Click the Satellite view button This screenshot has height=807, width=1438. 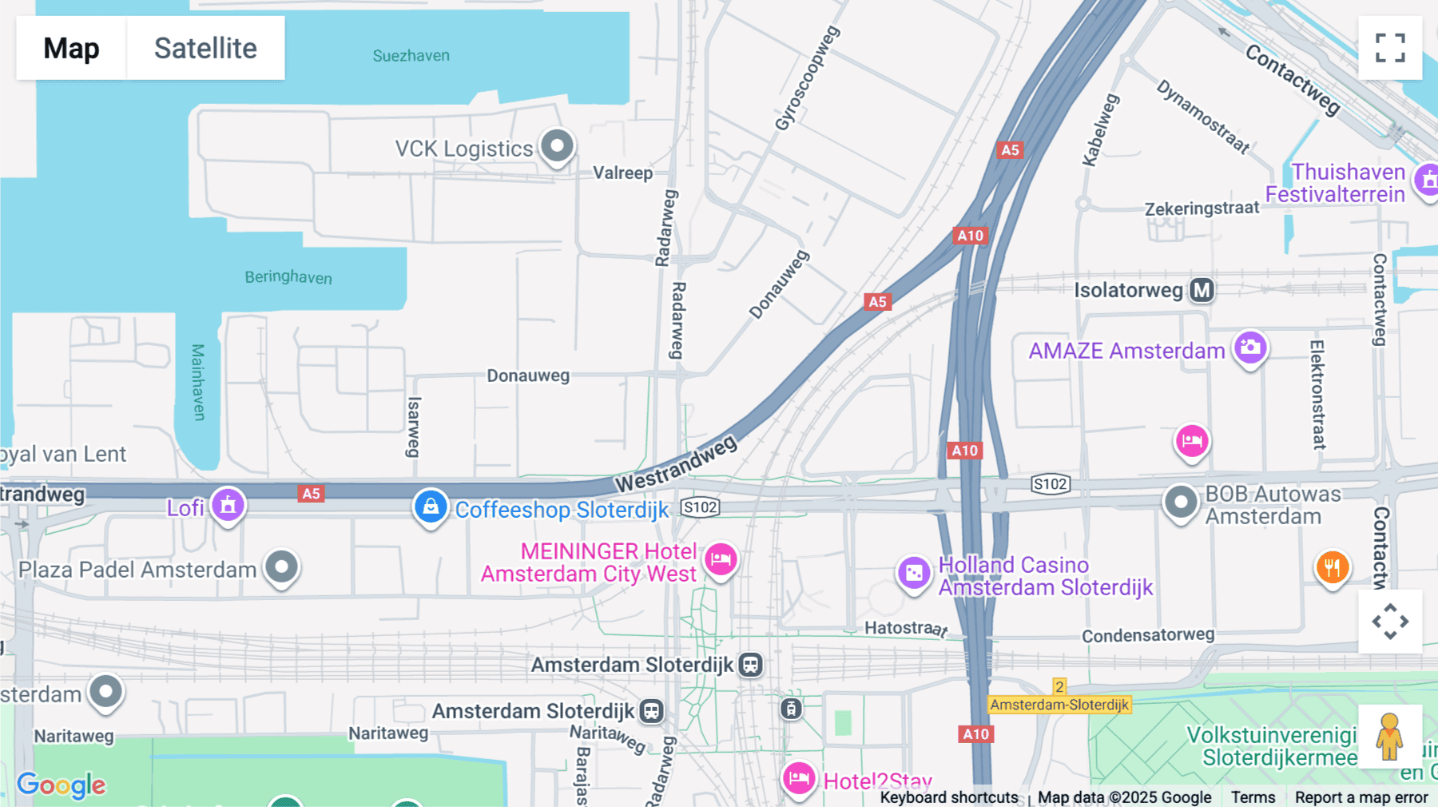(x=205, y=48)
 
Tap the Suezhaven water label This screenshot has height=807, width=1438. (x=411, y=56)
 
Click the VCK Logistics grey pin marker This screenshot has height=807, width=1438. (x=557, y=146)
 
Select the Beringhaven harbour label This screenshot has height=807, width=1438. (x=288, y=277)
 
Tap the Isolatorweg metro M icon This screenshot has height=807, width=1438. (x=1202, y=290)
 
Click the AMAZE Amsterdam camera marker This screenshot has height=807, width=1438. (x=1250, y=348)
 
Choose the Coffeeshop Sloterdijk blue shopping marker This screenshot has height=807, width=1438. (x=431, y=507)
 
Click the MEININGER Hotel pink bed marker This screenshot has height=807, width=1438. (x=721, y=559)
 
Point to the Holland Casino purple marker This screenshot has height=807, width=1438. (x=914, y=573)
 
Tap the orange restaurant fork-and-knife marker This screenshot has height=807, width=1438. (x=1332, y=568)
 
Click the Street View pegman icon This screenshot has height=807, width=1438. (x=1389, y=737)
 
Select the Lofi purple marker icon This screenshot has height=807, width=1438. (x=228, y=505)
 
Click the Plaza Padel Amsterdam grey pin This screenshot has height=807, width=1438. (x=281, y=567)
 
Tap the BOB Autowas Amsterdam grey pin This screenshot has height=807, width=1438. (x=1181, y=503)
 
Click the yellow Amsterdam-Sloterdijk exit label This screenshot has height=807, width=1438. (x=1059, y=705)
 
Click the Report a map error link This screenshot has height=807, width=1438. (x=1361, y=797)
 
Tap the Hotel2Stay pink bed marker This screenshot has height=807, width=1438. (x=798, y=778)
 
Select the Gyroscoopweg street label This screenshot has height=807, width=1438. (x=807, y=78)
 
